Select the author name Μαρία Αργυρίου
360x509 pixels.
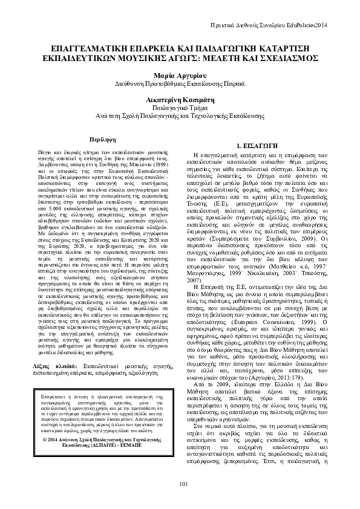(x=180, y=73)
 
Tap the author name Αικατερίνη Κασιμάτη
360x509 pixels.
(x=180, y=96)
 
